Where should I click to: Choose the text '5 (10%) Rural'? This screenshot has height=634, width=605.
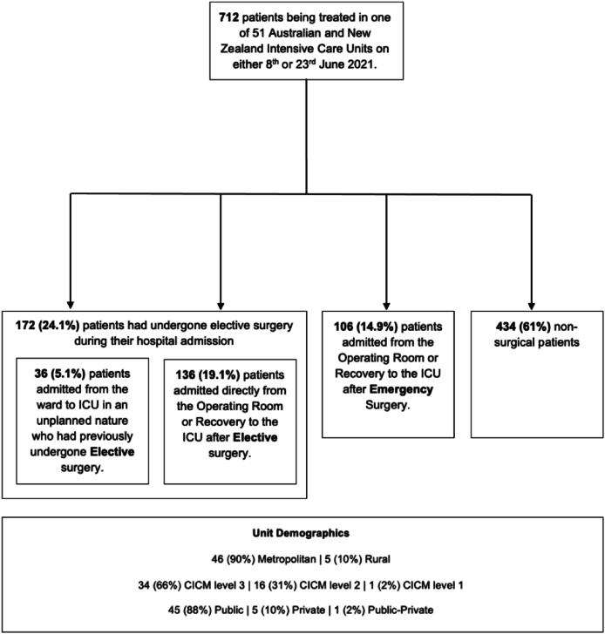[355, 559]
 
